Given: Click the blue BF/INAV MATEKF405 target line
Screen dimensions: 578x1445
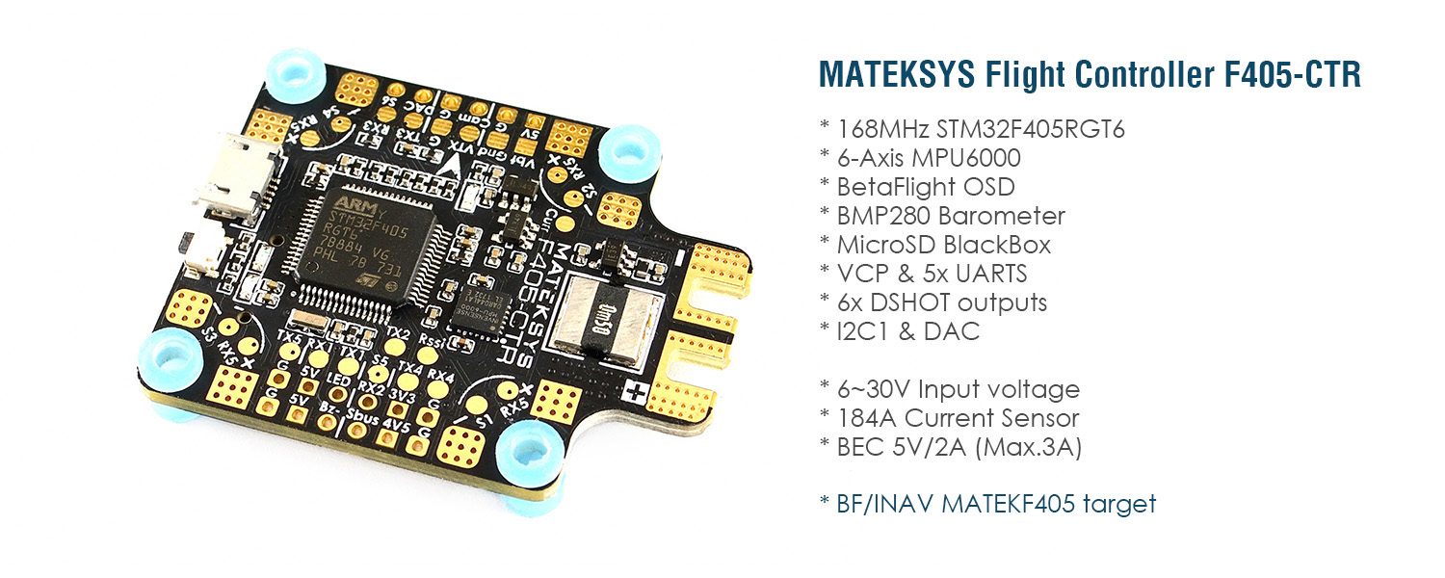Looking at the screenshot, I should pos(986,503).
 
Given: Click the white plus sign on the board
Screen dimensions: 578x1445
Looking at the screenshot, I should pos(636,393).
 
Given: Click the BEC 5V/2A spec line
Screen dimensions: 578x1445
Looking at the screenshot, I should pos(949,447).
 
